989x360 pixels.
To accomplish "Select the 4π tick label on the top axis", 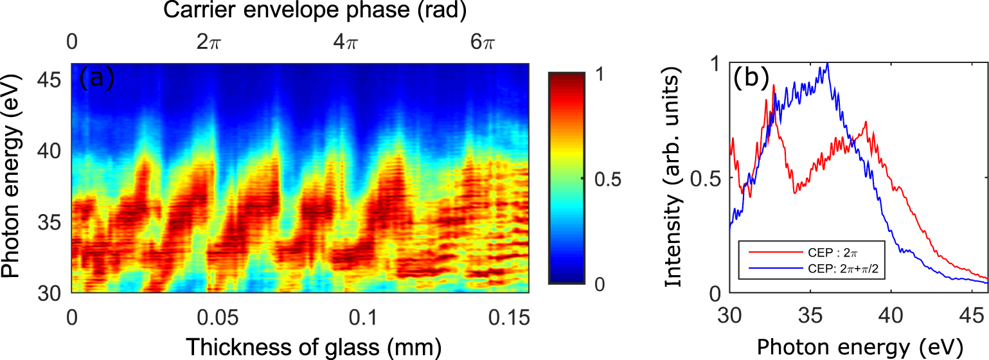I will pyautogui.click(x=348, y=43).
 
